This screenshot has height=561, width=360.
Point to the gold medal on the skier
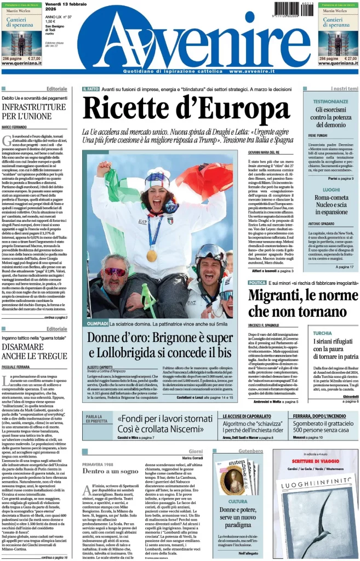point(152,255)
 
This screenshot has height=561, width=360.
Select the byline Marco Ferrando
point(15,127)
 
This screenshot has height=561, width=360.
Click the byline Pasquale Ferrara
point(17,365)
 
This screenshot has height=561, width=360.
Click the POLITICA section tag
point(257,283)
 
